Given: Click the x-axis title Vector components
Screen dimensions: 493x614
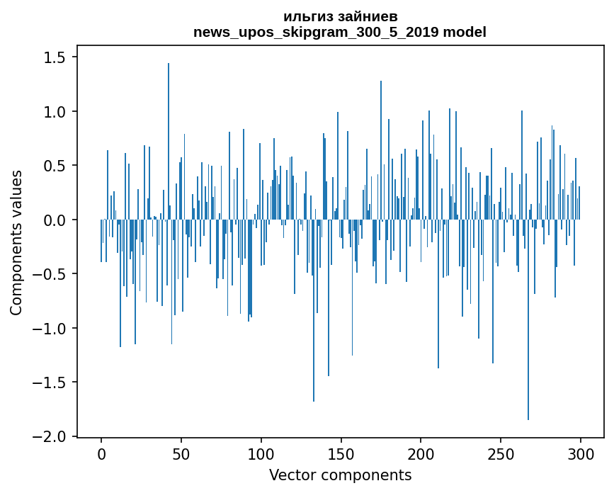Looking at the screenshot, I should [x=340, y=475].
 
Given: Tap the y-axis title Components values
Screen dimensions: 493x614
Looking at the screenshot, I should [x=16, y=242].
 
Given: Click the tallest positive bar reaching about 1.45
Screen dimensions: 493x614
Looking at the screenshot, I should [x=169, y=142].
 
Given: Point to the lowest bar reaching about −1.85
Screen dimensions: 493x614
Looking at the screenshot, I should [x=528, y=319].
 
